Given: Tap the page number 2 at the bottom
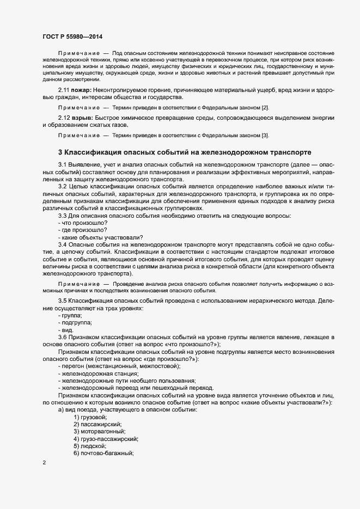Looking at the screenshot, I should click(43, 463).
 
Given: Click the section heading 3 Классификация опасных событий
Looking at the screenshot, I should click(185, 152).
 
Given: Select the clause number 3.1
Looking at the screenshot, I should click(63, 164).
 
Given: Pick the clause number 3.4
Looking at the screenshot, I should click(63, 245).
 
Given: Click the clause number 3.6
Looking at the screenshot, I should click(63, 338).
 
